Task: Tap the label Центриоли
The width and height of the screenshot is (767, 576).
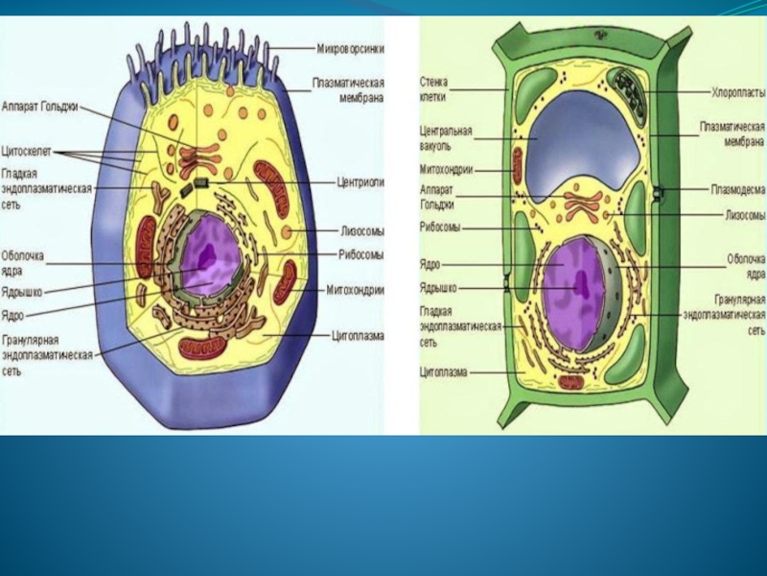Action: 360,180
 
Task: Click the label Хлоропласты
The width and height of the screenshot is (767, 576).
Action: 737,93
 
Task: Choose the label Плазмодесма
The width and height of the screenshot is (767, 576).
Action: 737,189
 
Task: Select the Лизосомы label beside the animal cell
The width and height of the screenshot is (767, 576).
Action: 362,230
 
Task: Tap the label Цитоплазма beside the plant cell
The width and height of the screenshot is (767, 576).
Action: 443,372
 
